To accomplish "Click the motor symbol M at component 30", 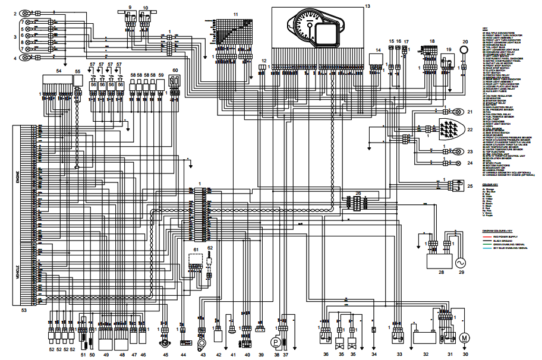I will tap(465, 338).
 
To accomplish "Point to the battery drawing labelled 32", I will tap(426, 340).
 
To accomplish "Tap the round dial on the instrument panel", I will tap(308, 25).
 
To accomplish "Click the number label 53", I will tap(24, 310).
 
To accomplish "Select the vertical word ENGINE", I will tap(17, 178).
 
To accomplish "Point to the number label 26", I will tap(358, 193).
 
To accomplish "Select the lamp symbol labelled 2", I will tap(26, 12).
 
